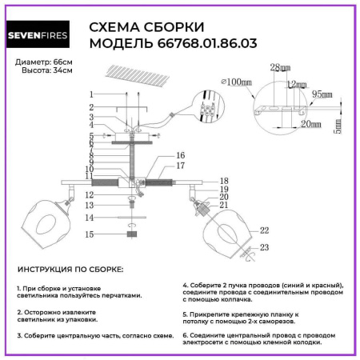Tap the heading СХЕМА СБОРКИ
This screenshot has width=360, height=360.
pyautogui.click(x=146, y=26)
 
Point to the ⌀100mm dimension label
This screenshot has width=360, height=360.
pyautogui.click(x=234, y=82)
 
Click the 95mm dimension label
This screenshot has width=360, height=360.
pyautogui.click(x=323, y=94)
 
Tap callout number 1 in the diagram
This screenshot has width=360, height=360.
pyautogui.click(x=92, y=94)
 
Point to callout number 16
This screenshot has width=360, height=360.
pyautogui.click(x=180, y=155)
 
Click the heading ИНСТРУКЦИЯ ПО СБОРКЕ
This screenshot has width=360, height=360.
pyautogui.click(x=70, y=271)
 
